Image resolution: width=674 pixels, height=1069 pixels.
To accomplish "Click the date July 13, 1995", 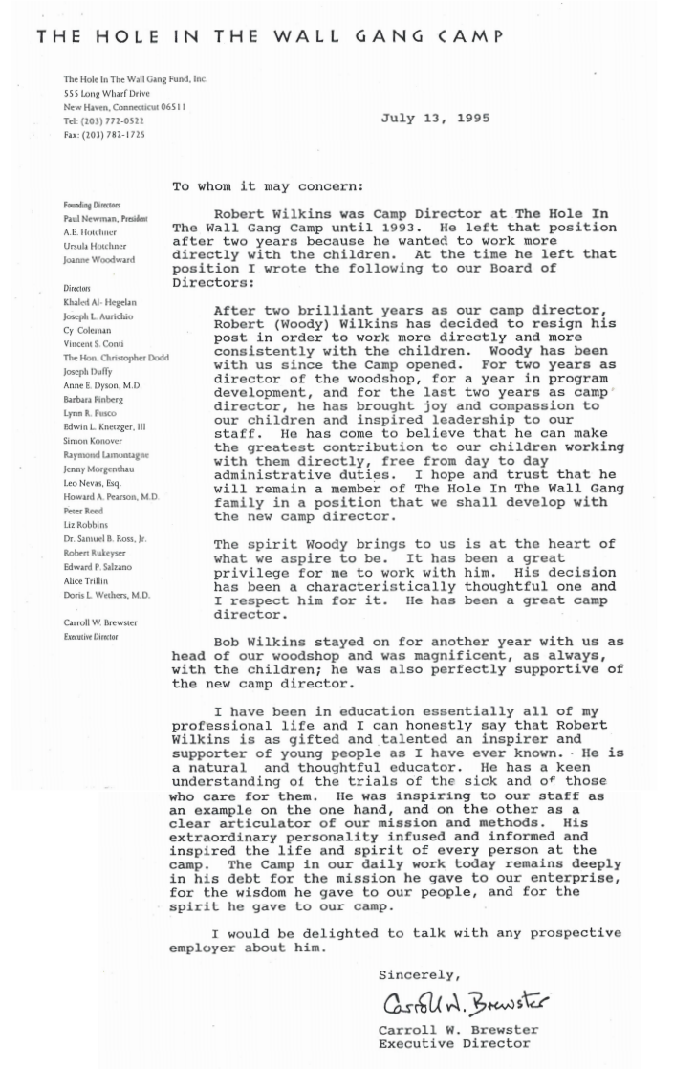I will click(435, 119).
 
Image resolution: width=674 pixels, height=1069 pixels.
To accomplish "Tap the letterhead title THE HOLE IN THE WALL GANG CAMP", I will click(270, 36).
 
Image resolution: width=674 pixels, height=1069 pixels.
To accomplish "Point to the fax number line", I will click(104, 135).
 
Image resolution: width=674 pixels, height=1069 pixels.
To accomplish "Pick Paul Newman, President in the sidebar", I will click(105, 218).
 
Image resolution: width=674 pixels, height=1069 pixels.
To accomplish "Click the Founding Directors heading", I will click(92, 205).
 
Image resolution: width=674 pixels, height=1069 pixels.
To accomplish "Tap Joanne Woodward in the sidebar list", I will click(98, 259).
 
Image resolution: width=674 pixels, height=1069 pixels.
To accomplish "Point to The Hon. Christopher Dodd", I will click(116, 358).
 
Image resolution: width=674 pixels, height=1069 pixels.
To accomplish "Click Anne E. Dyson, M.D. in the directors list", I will click(102, 385).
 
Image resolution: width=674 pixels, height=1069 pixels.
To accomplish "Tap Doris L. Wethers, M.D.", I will click(106, 595).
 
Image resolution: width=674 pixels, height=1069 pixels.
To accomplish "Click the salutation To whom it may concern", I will click(268, 186).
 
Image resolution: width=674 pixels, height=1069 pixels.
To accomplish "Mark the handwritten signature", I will click(466, 1002).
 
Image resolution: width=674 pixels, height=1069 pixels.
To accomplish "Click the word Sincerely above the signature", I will click(419, 974).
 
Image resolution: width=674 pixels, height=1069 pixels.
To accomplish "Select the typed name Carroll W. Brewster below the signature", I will click(458, 1030).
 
